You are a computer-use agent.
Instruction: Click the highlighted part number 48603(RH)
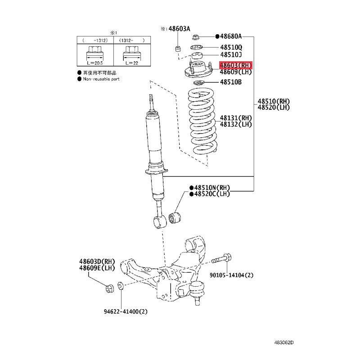(x=235, y=65)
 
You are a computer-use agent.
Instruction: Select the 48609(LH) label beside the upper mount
(x=235, y=72)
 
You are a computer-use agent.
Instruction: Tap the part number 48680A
(x=231, y=36)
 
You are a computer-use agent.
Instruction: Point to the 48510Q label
(x=231, y=47)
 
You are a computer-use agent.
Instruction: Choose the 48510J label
(x=231, y=54)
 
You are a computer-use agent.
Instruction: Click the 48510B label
(x=231, y=82)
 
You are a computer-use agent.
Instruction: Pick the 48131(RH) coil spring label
(x=236, y=118)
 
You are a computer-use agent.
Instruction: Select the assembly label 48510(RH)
(x=274, y=101)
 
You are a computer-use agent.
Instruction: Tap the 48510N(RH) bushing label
(x=212, y=188)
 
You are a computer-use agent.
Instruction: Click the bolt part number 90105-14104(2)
(x=231, y=275)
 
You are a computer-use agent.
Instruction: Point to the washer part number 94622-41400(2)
(x=126, y=311)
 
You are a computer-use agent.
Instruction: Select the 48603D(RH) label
(x=97, y=261)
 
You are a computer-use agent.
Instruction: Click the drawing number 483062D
(x=284, y=342)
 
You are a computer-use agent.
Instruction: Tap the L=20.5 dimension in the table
(x=95, y=63)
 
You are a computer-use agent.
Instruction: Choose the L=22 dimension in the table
(x=132, y=63)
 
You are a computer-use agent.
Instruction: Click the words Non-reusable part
(x=101, y=79)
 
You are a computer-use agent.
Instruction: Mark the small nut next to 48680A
(x=196, y=37)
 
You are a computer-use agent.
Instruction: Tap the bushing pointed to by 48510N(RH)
(x=175, y=218)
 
